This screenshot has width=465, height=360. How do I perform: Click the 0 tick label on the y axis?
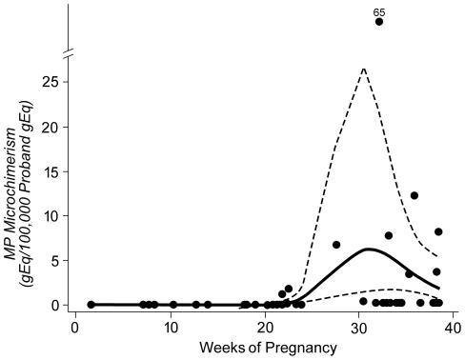58,305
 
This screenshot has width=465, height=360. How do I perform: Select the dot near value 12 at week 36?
414,195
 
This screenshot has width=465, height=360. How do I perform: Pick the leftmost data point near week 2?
91,305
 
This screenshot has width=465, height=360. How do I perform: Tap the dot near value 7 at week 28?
336,245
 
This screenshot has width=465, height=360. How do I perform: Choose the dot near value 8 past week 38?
438,231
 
